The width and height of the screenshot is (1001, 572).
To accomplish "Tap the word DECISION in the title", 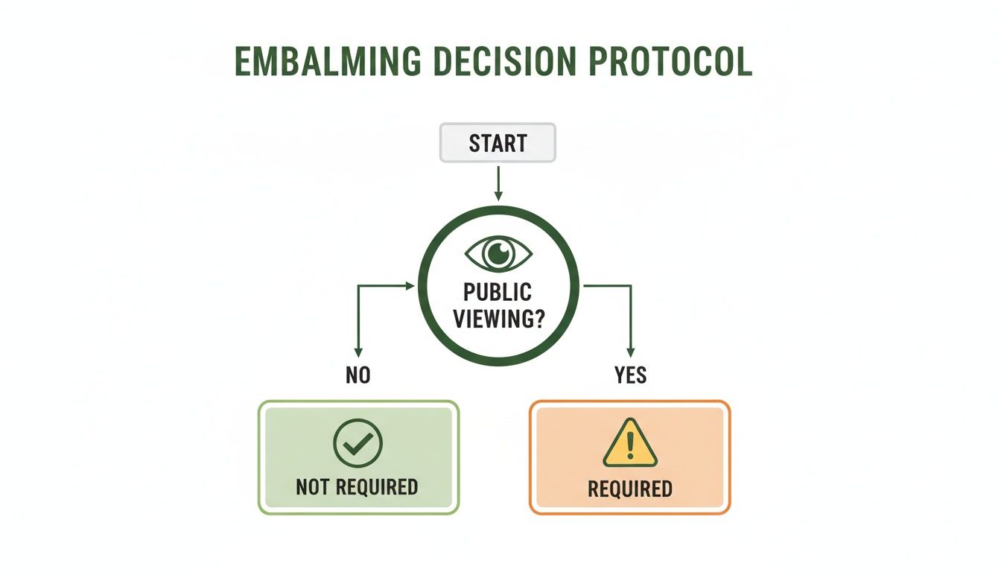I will point(494,62).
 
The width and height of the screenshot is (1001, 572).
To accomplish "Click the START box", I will point(498,142).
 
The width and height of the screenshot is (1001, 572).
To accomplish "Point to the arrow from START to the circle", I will point(498,182).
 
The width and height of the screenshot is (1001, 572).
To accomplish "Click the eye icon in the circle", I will point(498,253).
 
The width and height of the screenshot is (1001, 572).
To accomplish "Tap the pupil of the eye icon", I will point(498,253).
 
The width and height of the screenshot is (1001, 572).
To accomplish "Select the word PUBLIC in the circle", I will point(498,292).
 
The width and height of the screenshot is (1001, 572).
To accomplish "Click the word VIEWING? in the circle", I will point(498,319).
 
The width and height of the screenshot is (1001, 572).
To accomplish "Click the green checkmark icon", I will point(357,443).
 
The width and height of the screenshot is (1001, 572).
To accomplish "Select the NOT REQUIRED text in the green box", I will point(357,487).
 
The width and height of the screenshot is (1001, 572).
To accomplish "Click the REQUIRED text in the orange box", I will point(630,489).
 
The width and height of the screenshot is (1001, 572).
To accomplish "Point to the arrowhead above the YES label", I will point(631,352).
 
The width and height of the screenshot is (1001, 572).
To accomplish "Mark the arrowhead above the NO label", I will point(358,352).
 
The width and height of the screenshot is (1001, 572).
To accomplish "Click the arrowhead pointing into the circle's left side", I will point(410,285).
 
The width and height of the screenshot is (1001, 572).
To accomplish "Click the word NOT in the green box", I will point(314,487).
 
